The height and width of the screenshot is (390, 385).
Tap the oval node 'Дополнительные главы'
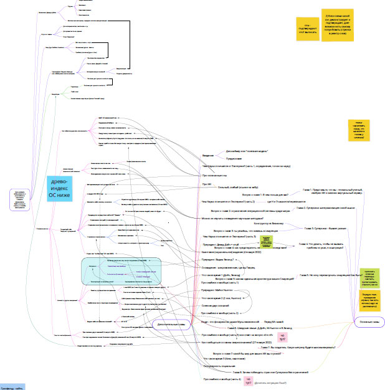(173, 324)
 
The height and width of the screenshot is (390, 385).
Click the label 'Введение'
(208, 155)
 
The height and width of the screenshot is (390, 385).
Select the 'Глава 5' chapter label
(323, 274)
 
